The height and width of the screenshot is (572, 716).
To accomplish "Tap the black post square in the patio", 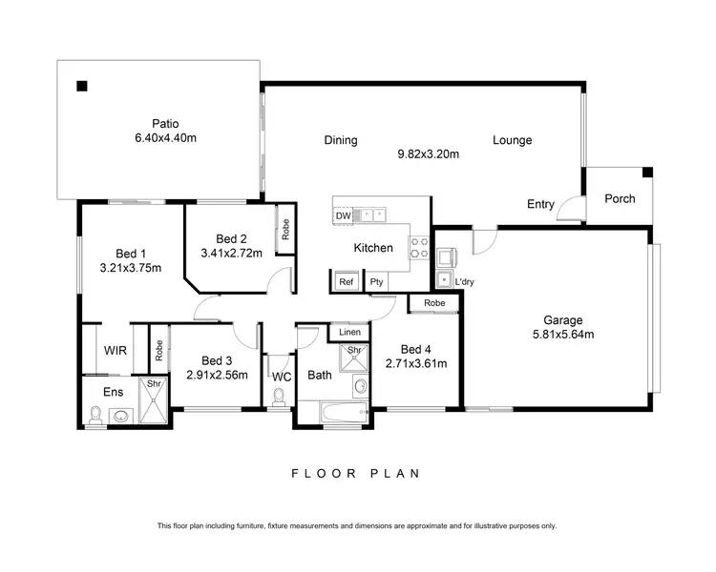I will [82, 87].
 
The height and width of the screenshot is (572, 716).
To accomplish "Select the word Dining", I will [340, 140].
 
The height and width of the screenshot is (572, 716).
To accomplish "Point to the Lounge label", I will [512, 140].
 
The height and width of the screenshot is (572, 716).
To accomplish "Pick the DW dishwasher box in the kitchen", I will [343, 216].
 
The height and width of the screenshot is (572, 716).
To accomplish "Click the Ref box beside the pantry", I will [345, 282].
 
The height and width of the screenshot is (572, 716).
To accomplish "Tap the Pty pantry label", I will [376, 282].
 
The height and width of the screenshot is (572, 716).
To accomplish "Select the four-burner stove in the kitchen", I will [419, 247].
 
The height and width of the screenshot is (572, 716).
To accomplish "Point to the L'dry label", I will [465, 282].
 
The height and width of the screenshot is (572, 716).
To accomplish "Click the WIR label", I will [115, 350].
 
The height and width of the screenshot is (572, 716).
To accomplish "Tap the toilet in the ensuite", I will [95, 414].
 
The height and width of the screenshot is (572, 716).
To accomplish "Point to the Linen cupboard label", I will [348, 332].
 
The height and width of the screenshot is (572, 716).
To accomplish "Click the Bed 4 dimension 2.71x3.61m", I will [416, 363].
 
